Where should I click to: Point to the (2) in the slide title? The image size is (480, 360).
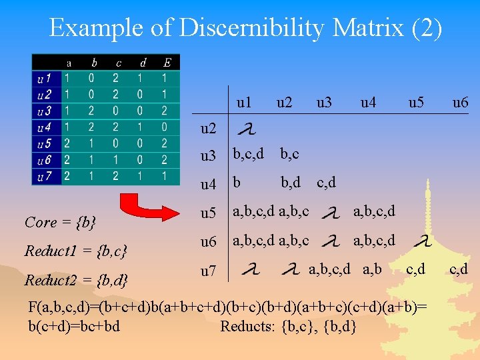point(427,29)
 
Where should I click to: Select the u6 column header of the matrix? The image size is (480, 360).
point(460,103)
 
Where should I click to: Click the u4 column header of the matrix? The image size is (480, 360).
point(368,103)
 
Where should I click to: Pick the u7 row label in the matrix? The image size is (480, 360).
point(209,271)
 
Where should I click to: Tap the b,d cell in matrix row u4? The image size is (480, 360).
point(291,183)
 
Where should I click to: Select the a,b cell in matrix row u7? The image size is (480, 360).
point(371,269)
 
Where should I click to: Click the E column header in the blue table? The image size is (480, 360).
point(167,63)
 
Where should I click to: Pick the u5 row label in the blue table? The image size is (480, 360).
point(43,143)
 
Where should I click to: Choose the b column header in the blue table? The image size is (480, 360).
point(94,63)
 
